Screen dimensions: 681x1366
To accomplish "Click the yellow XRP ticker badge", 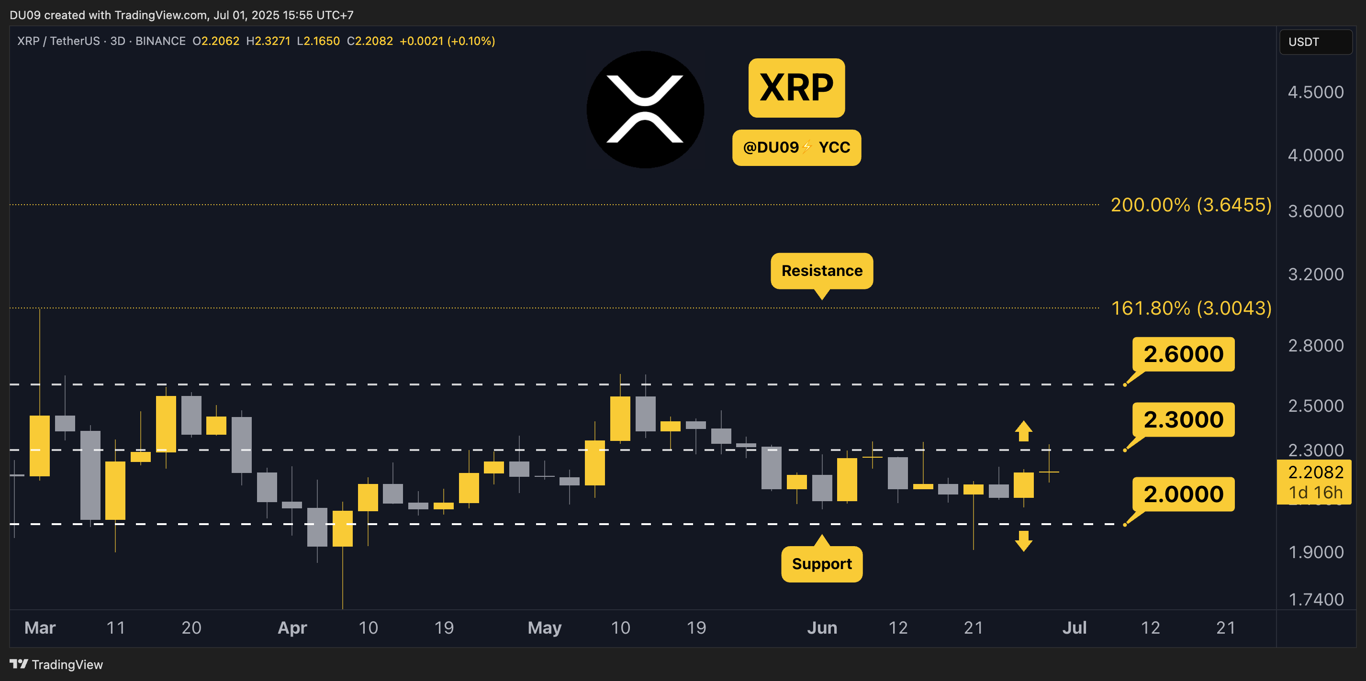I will (x=796, y=88).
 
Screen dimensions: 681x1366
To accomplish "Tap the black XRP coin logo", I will (x=645, y=109).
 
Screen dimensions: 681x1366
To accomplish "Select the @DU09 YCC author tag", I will (x=796, y=147).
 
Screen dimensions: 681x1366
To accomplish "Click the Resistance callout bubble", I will (x=821, y=271).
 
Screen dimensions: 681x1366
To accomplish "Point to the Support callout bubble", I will (x=821, y=564).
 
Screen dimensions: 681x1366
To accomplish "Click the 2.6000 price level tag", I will (x=1183, y=354).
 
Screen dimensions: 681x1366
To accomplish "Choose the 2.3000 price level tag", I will (x=1183, y=420).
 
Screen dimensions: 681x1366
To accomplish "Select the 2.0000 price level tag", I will (x=1183, y=494).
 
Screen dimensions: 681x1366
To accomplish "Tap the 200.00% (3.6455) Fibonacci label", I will (x=1191, y=205).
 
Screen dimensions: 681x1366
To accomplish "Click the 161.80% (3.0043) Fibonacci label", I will (x=1191, y=308).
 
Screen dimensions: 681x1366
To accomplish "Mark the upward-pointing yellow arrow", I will (x=1023, y=430).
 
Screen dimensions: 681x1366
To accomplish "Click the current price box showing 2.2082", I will (x=1315, y=482).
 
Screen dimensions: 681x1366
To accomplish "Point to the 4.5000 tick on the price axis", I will (x=1316, y=92).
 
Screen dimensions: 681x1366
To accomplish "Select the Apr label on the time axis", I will (x=292, y=627).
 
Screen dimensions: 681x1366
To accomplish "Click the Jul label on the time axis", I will (x=1075, y=627).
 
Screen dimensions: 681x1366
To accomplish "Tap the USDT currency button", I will (x=1315, y=42).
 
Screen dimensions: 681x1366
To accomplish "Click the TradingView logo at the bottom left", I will (x=56, y=665).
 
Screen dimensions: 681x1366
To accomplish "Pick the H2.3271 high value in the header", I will (x=269, y=41).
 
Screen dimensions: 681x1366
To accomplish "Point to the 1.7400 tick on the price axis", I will (x=1316, y=599).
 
